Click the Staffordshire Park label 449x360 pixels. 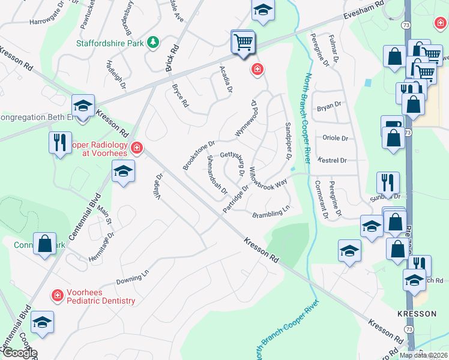coord(112,43)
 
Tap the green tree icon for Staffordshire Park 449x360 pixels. coord(154,42)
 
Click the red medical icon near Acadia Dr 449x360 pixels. coord(258,70)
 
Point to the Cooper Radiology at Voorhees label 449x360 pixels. coord(100,149)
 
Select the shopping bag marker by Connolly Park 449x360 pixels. coord(44,244)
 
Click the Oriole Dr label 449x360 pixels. coord(336,138)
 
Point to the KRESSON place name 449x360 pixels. coord(412,313)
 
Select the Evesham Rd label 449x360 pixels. coord(363,12)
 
